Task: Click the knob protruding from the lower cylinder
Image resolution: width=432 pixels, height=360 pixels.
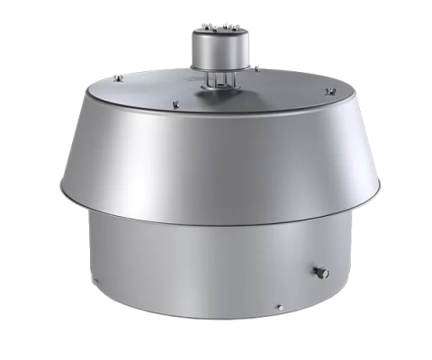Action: [321, 272]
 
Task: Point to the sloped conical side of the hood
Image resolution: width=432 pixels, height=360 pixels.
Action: [216, 162]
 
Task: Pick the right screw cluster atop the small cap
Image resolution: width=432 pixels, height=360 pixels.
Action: [229, 30]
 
